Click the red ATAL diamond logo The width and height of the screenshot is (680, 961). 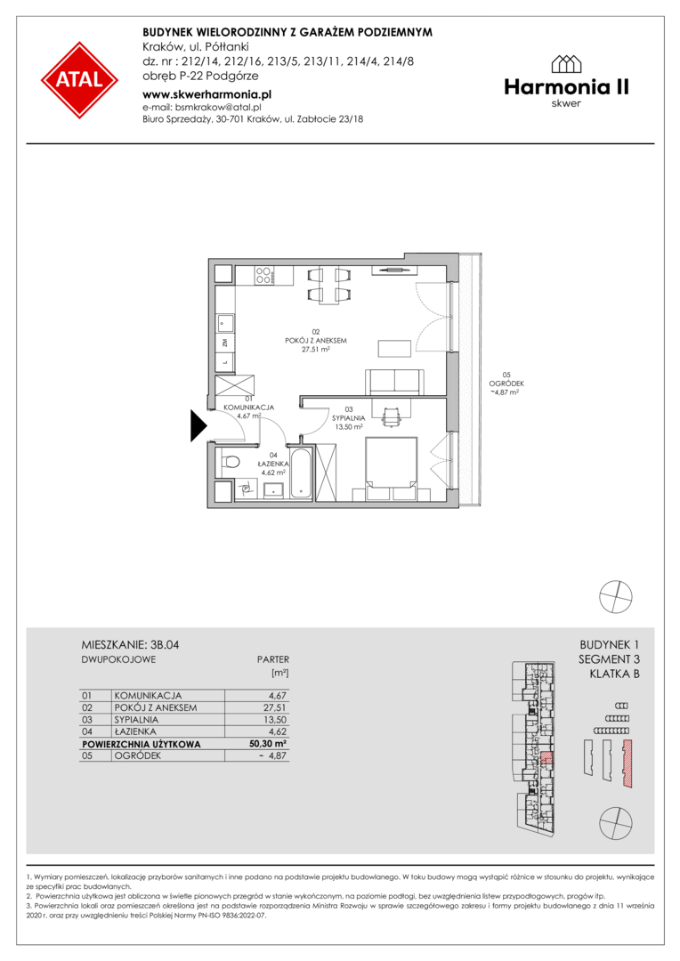coord(80,80)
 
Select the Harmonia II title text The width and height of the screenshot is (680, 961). coord(567,87)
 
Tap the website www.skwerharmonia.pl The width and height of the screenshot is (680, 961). coord(206,94)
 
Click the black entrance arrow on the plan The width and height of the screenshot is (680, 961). coord(198,425)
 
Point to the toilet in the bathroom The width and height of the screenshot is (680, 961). coord(229,460)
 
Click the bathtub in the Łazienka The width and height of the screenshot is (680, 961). coord(302,473)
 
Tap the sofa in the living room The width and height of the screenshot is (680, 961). coord(394,382)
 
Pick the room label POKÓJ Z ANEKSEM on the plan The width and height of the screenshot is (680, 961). coord(316,341)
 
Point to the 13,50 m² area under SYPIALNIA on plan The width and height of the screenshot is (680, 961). coord(349,427)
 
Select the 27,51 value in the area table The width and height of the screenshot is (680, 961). coord(275,708)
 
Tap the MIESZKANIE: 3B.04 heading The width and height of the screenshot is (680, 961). coord(130,645)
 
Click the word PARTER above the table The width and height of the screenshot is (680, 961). coord(273,660)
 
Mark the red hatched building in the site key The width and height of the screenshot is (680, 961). coord(627,763)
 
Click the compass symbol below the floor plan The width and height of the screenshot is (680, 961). coord(616,596)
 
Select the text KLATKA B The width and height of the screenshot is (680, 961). coord(614,674)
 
